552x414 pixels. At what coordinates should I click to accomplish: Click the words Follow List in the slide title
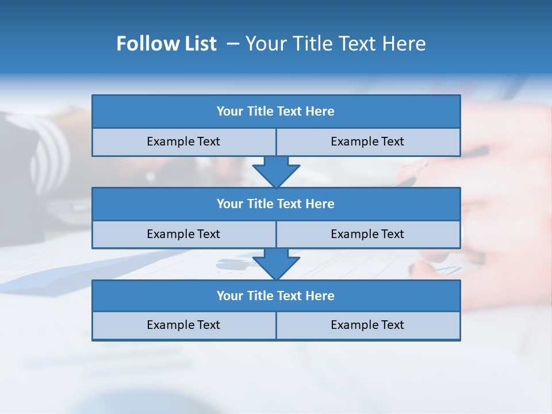[166, 44]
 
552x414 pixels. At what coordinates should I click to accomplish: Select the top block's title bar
[276, 112]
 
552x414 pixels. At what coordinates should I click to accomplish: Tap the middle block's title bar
[276, 204]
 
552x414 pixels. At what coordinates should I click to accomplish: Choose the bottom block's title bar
[276, 296]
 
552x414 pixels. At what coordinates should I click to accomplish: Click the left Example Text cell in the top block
[183, 141]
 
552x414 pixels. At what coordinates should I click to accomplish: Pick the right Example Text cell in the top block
[368, 141]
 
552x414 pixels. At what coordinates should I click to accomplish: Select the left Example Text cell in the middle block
[183, 234]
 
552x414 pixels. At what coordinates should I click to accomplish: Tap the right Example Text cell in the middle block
[368, 234]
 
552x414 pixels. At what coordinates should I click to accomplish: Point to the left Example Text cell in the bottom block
[183, 325]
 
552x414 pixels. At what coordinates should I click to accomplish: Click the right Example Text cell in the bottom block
[368, 325]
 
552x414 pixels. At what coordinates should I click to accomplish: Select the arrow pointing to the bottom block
[276, 264]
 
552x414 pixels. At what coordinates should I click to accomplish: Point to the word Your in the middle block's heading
[229, 204]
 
